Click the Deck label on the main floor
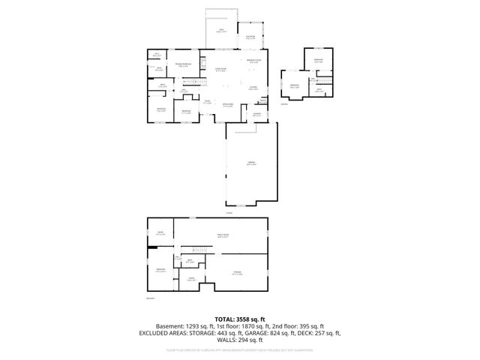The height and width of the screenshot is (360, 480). click(222, 31)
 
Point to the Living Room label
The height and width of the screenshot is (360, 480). click(220, 70)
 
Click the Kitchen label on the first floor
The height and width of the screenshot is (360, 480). click(253, 88)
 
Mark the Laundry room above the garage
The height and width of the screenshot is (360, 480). click(256, 114)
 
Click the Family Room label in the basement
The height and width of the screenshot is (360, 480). click(222, 235)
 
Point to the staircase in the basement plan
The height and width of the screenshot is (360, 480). click(199, 250)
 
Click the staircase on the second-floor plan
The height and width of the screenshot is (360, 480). click(326, 80)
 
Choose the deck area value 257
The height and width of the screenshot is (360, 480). click(318, 332)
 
